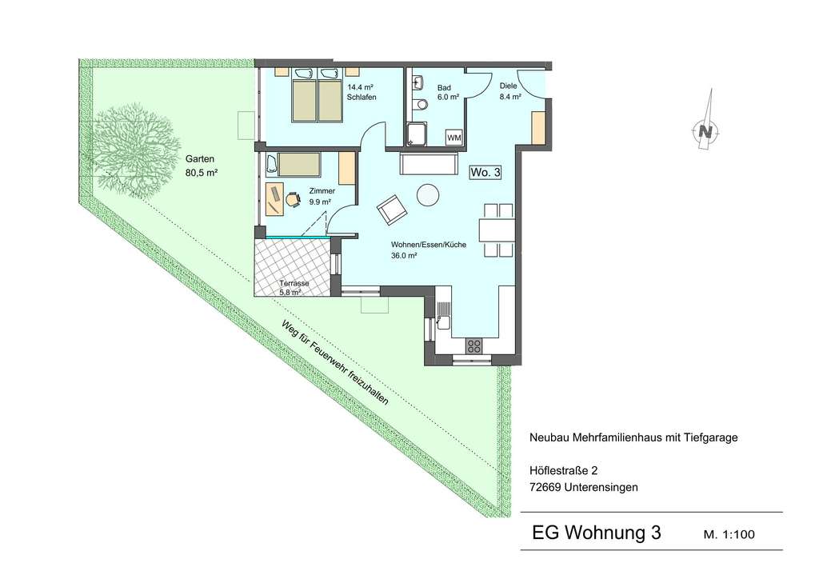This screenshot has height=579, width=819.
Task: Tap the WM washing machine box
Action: [x=454, y=138]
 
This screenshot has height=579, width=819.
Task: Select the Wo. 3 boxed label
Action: [x=485, y=171]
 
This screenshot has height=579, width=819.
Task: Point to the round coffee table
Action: [x=429, y=194]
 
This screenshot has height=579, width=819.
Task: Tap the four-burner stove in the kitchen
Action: [x=473, y=345]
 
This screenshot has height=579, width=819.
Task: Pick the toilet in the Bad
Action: [x=417, y=103]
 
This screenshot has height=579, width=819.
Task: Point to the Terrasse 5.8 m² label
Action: [x=293, y=288]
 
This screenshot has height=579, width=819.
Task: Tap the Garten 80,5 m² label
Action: [x=202, y=165]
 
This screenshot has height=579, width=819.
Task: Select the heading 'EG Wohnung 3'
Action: [x=597, y=533]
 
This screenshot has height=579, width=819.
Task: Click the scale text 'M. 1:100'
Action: [x=729, y=534]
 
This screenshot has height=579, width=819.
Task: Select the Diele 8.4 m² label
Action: [x=509, y=90]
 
